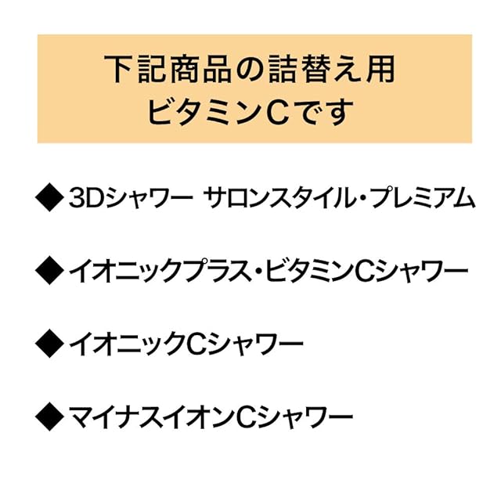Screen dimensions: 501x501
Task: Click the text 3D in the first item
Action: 83,199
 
